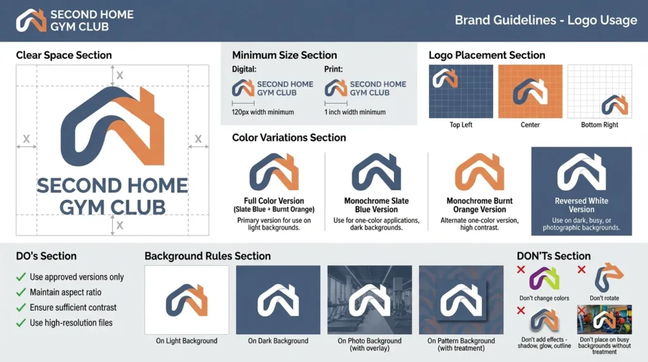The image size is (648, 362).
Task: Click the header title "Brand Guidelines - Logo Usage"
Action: tap(545, 20)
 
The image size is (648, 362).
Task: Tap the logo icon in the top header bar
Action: tap(31, 20)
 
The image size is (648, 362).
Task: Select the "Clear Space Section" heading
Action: tap(64, 55)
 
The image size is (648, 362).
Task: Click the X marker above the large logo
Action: tap(120, 75)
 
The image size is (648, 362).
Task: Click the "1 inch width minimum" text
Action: tap(354, 112)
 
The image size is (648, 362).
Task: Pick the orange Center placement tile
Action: tap(530, 91)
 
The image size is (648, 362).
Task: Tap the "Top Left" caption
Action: tap(461, 125)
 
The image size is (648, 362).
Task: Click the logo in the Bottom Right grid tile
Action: tap(614, 104)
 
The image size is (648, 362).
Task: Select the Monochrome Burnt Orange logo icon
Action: tap(480, 172)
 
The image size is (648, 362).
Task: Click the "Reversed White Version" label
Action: tap(581, 205)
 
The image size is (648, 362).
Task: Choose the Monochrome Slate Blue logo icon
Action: tap(376, 172)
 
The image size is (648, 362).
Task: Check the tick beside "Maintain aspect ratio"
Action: tap(21, 292)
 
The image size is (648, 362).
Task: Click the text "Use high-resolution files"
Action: tap(71, 323)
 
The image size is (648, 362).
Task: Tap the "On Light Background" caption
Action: tap(187, 341)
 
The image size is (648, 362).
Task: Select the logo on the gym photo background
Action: tap(370, 301)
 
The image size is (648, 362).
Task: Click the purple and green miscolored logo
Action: tap(544, 278)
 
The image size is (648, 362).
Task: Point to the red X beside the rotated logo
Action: tap(582, 270)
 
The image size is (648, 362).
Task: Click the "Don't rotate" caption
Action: tap(604, 298)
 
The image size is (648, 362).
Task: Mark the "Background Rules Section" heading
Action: tap(208, 256)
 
